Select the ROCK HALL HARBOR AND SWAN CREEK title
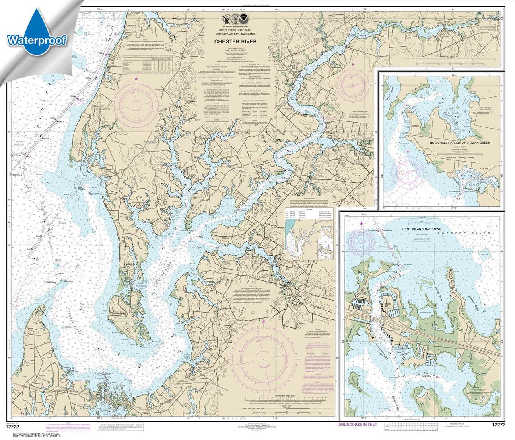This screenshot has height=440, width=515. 459,143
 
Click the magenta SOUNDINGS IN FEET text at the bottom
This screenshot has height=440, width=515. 358,424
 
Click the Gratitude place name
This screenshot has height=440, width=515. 414,126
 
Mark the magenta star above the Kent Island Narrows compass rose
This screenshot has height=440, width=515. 361,223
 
